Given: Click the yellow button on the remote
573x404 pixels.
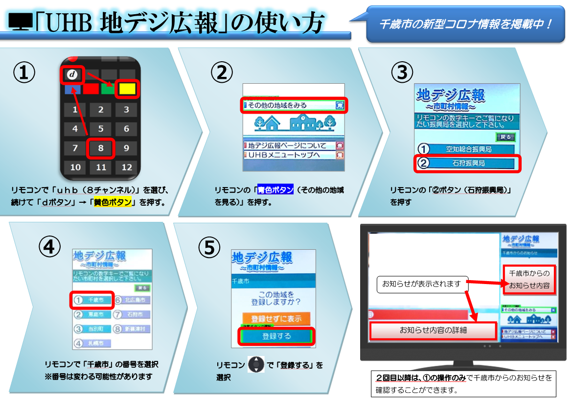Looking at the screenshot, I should [128, 89].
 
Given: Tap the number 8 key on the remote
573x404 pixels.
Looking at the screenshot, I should [100, 148].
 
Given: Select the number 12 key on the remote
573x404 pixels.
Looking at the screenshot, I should [127, 167].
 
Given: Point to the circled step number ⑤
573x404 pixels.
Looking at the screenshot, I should [209, 248].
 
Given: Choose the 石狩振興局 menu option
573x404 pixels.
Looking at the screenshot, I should [468, 163].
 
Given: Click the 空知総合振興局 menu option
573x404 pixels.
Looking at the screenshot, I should [468, 149].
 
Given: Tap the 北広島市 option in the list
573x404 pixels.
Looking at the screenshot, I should [133, 300].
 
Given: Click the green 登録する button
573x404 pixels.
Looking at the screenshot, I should [276, 336].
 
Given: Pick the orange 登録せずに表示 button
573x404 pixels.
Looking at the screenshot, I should [276, 318].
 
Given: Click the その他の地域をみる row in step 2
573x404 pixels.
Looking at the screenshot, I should [294, 105].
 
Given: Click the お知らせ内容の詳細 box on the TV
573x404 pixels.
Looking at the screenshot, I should [433, 331].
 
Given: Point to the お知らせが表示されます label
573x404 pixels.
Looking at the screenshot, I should [421, 284].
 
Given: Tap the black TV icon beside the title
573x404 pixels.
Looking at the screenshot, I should [21, 22].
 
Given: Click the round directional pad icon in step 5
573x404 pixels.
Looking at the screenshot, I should [256, 365].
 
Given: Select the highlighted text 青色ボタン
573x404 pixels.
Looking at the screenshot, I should [275, 190].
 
